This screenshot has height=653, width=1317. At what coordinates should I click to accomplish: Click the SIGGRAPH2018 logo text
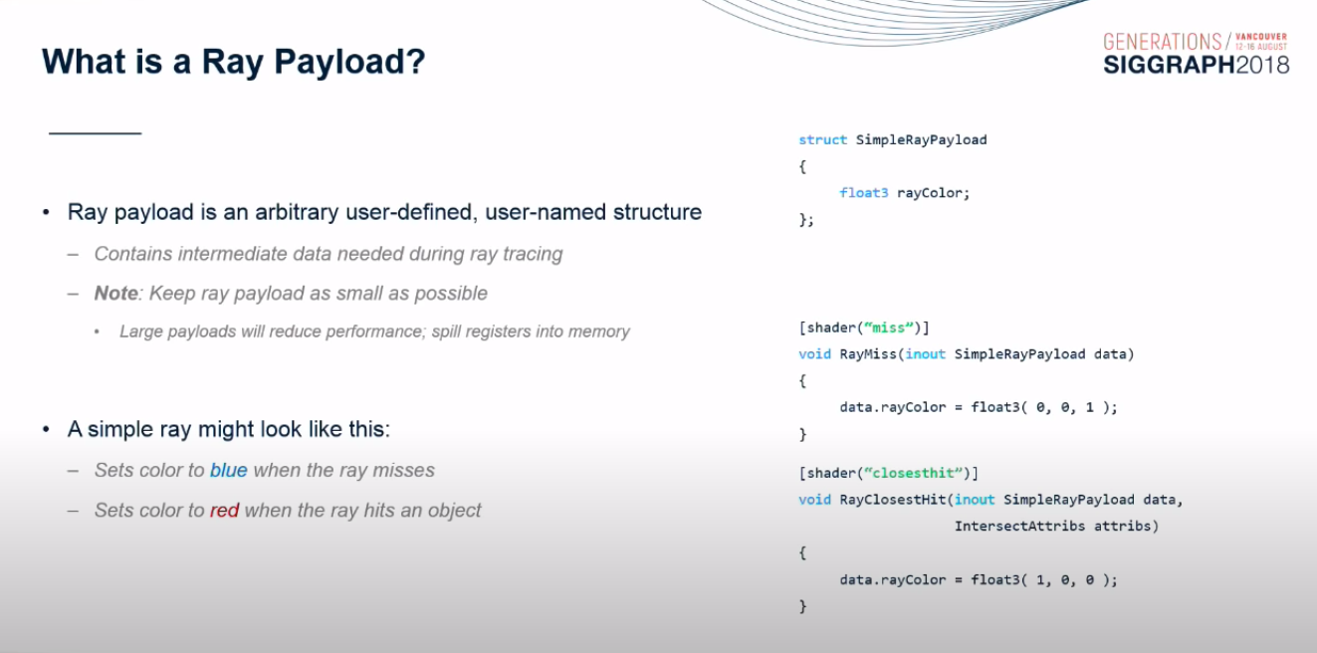tap(1196, 65)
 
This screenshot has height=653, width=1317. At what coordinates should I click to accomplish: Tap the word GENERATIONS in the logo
tap(1162, 42)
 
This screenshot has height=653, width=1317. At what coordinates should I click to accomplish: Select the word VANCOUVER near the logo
tap(1261, 37)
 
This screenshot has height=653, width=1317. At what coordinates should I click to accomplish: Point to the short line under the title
tap(95, 132)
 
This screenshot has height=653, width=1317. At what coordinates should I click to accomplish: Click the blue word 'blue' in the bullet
tap(228, 470)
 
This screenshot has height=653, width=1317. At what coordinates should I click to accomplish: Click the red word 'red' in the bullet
tap(224, 511)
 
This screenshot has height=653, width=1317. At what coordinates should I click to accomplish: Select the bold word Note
tap(115, 293)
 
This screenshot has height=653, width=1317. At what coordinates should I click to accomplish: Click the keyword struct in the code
tap(822, 140)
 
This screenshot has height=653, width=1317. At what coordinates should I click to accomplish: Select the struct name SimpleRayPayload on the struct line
tap(921, 140)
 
